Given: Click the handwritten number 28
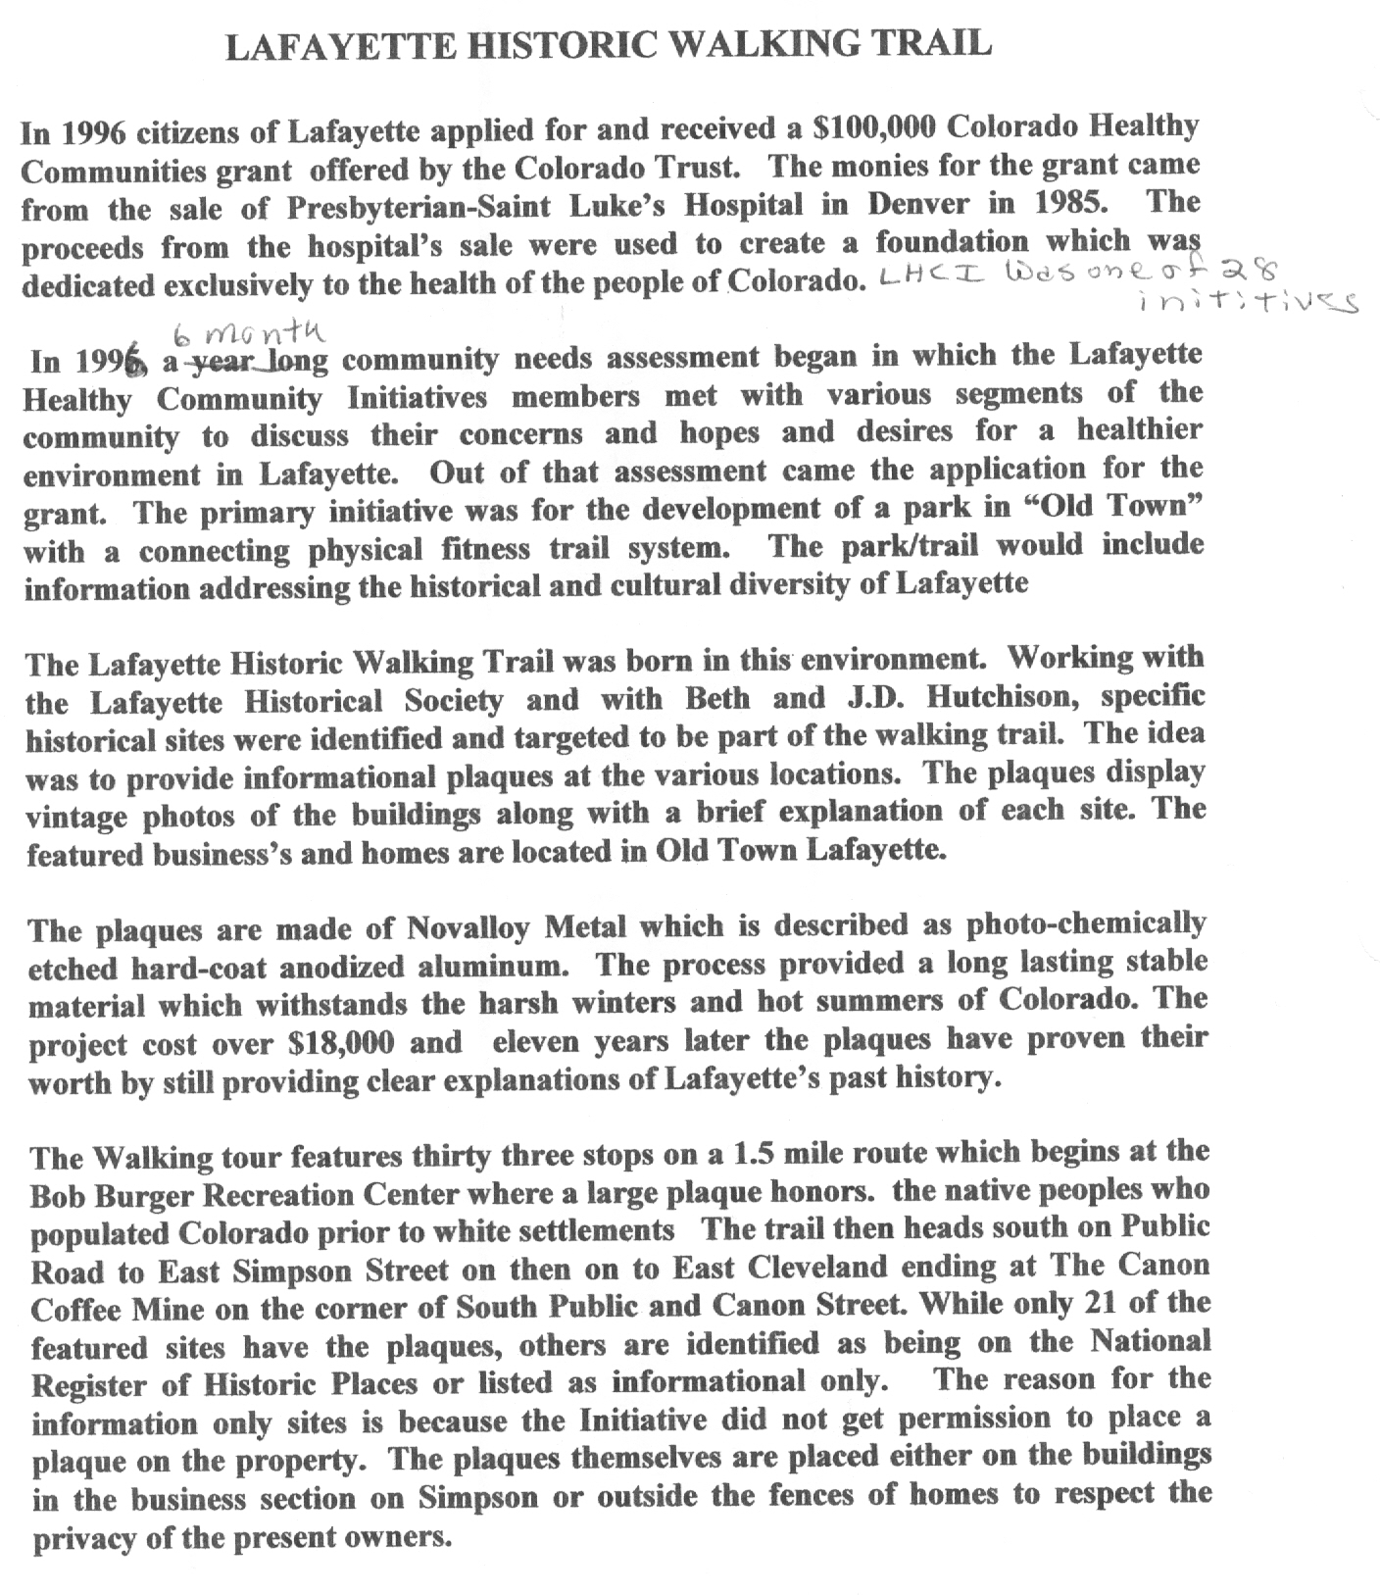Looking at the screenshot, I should (x=1248, y=272).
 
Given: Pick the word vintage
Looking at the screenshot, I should (x=77, y=817).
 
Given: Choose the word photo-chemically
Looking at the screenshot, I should (x=1086, y=924).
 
